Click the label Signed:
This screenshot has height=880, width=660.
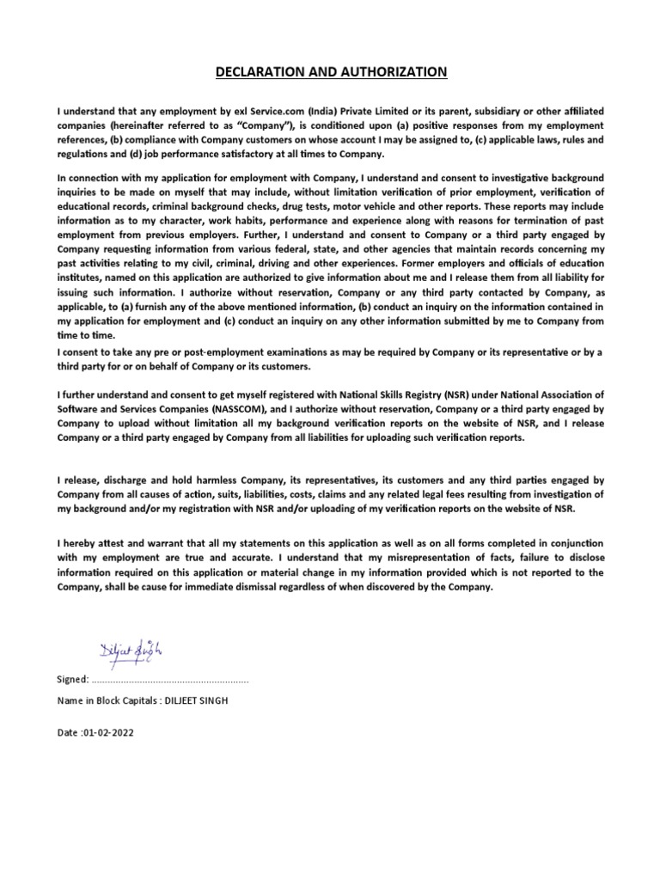pyautogui.click(x=72, y=680)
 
